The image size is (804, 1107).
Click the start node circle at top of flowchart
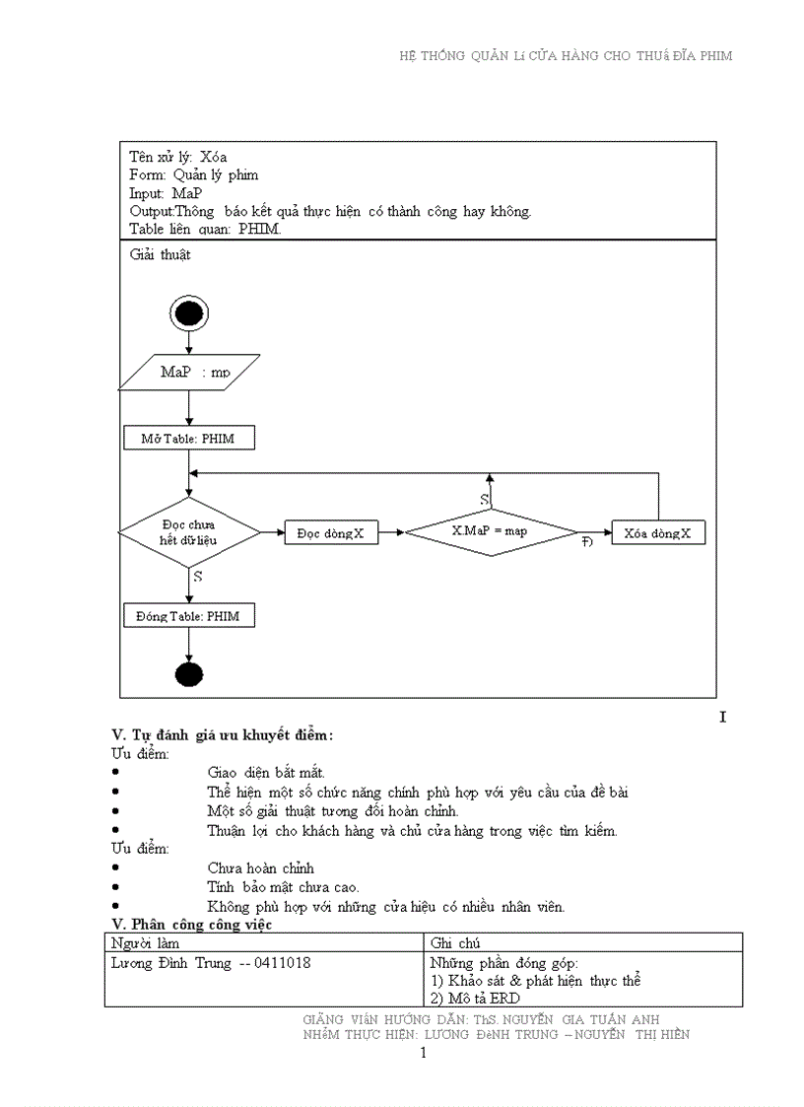click(x=188, y=313)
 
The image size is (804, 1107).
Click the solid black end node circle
click(x=188, y=675)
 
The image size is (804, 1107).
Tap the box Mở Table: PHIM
click(x=189, y=438)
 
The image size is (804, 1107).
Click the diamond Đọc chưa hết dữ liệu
click(x=189, y=533)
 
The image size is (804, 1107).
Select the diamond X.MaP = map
click(x=491, y=531)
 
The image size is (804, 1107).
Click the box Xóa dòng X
click(x=658, y=533)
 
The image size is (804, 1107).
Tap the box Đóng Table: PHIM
click(x=189, y=616)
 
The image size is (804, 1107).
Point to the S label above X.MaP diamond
click(x=484, y=500)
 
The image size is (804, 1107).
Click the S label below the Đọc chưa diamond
click(x=198, y=577)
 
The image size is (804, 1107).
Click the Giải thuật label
click(x=160, y=254)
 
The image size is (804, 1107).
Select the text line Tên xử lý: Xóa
click(x=178, y=157)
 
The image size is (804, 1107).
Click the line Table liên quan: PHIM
click(x=205, y=229)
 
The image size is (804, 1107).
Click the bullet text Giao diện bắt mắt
click(x=266, y=773)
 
